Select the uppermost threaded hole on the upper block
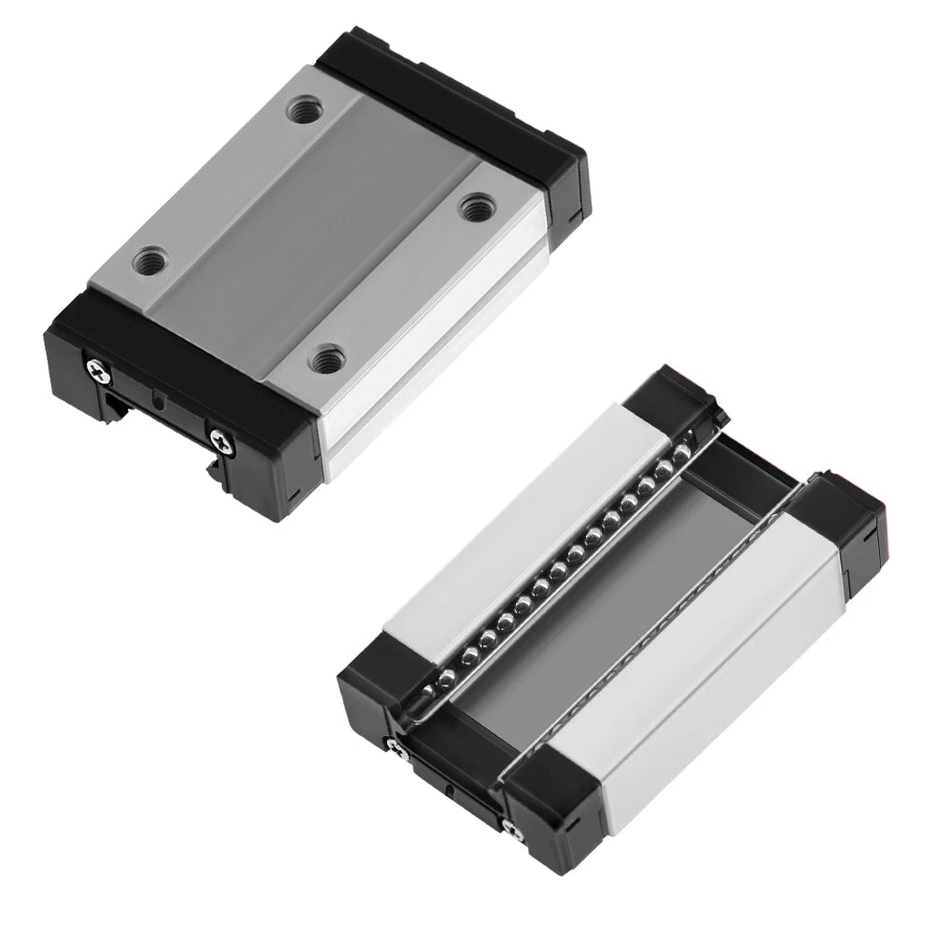(x=301, y=111)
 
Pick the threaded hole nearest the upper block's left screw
(x=148, y=259)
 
